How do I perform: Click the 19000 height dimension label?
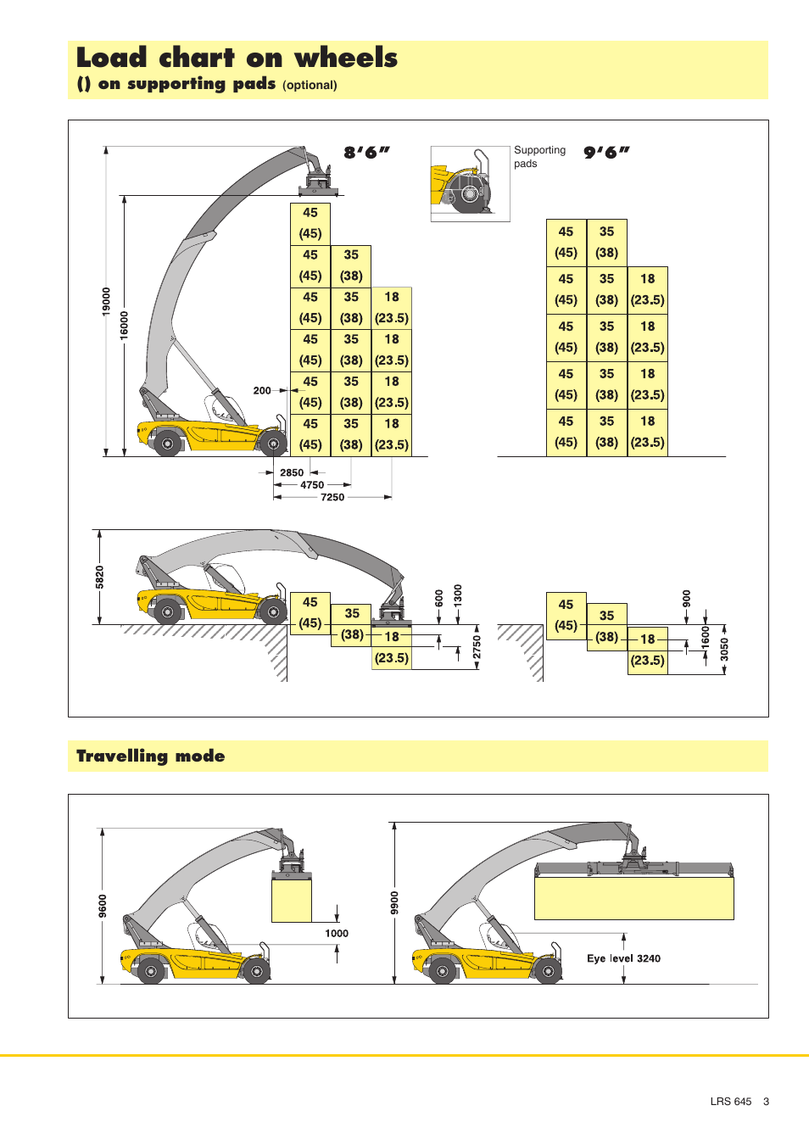coord(106,301)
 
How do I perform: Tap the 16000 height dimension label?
coord(125,325)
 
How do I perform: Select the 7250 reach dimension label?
coord(332,498)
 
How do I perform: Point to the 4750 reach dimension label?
coord(312,486)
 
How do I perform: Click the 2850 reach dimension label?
coord(292,473)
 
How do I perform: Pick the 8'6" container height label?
coord(366,153)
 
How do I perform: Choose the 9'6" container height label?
coord(606,153)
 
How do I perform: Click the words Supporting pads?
coord(538,157)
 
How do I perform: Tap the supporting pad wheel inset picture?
coord(470,184)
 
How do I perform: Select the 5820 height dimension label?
coord(100,577)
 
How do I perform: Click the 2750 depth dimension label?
coord(477,647)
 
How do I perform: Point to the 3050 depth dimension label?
coord(724,650)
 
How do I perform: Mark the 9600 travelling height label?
coord(103,906)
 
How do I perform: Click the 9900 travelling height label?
coord(394,902)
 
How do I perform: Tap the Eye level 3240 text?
coord(623,958)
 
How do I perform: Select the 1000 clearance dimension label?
coord(337,934)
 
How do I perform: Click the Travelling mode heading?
coord(151,756)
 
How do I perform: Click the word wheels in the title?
coord(346,58)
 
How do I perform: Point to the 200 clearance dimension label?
coord(262,391)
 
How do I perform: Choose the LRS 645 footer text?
coord(730,1102)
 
